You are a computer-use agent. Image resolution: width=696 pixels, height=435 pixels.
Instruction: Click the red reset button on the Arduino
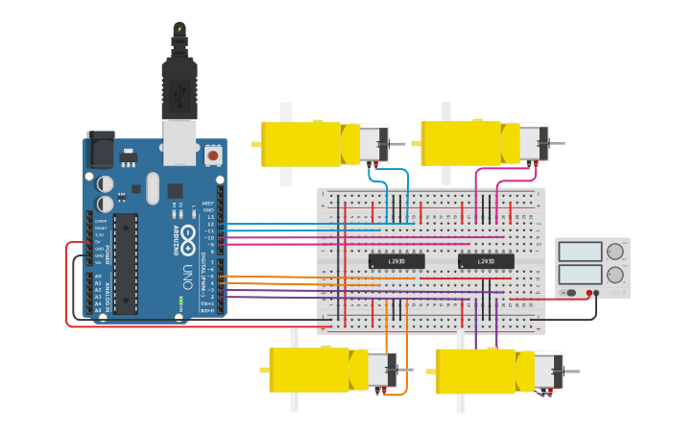212,154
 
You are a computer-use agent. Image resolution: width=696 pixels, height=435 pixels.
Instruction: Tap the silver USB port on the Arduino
180,137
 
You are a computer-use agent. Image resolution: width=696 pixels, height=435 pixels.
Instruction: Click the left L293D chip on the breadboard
396,260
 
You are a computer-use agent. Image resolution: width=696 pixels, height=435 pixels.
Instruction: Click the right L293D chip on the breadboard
485,260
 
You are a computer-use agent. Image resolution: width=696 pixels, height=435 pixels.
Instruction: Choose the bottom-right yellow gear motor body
476,371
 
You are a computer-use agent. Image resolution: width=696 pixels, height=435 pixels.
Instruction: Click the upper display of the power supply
580,253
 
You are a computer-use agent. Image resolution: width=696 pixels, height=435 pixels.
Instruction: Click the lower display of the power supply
580,276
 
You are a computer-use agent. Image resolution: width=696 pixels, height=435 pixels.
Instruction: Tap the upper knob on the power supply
614,253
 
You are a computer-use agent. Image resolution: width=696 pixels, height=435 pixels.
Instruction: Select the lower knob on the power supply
614,276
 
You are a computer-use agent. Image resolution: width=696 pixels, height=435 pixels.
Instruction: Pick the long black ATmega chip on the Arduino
125,263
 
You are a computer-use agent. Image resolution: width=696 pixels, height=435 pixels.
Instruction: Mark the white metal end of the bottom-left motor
381,370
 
